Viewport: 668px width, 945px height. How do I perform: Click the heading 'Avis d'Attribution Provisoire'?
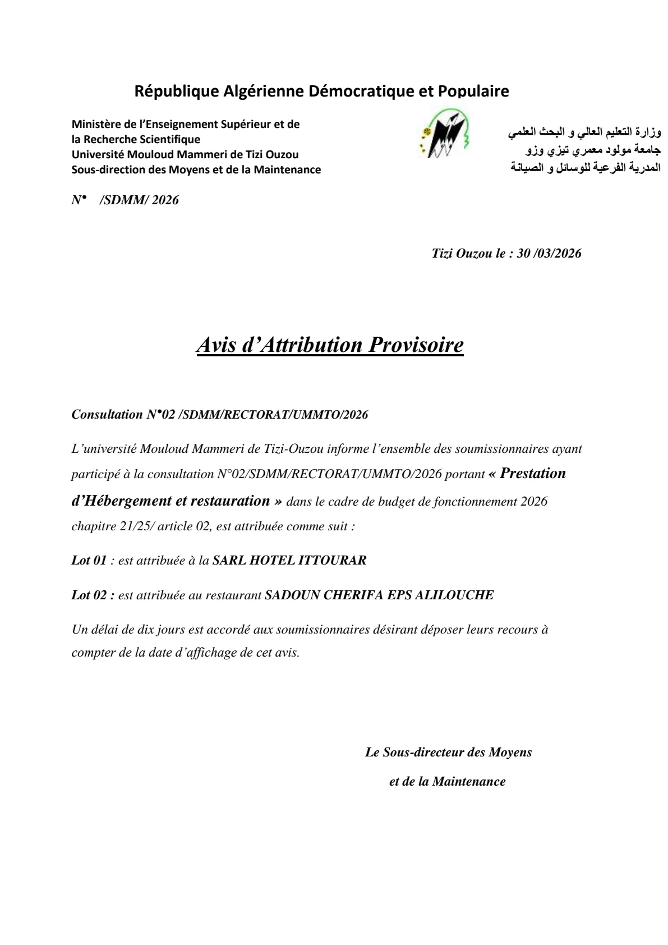click(x=330, y=345)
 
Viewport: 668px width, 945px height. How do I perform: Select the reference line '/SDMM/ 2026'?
click(x=139, y=200)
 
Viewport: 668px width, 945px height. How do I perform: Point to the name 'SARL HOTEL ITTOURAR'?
click(x=289, y=560)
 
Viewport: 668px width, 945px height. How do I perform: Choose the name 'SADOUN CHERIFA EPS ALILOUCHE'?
click(x=379, y=595)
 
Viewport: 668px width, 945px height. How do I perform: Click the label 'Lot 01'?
click(x=89, y=560)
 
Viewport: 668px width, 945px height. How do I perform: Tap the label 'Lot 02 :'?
click(x=93, y=595)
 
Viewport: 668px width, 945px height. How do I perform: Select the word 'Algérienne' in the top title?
click(x=257, y=91)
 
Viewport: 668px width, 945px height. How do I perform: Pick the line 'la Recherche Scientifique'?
click(x=136, y=139)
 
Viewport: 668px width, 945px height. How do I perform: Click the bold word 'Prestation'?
click(x=533, y=473)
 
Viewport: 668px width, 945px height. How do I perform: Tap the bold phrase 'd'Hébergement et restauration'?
click(x=171, y=501)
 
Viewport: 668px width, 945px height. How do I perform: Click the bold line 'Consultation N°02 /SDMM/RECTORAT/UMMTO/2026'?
click(x=220, y=415)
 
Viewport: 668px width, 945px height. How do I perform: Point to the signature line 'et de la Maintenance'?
click(x=447, y=781)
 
